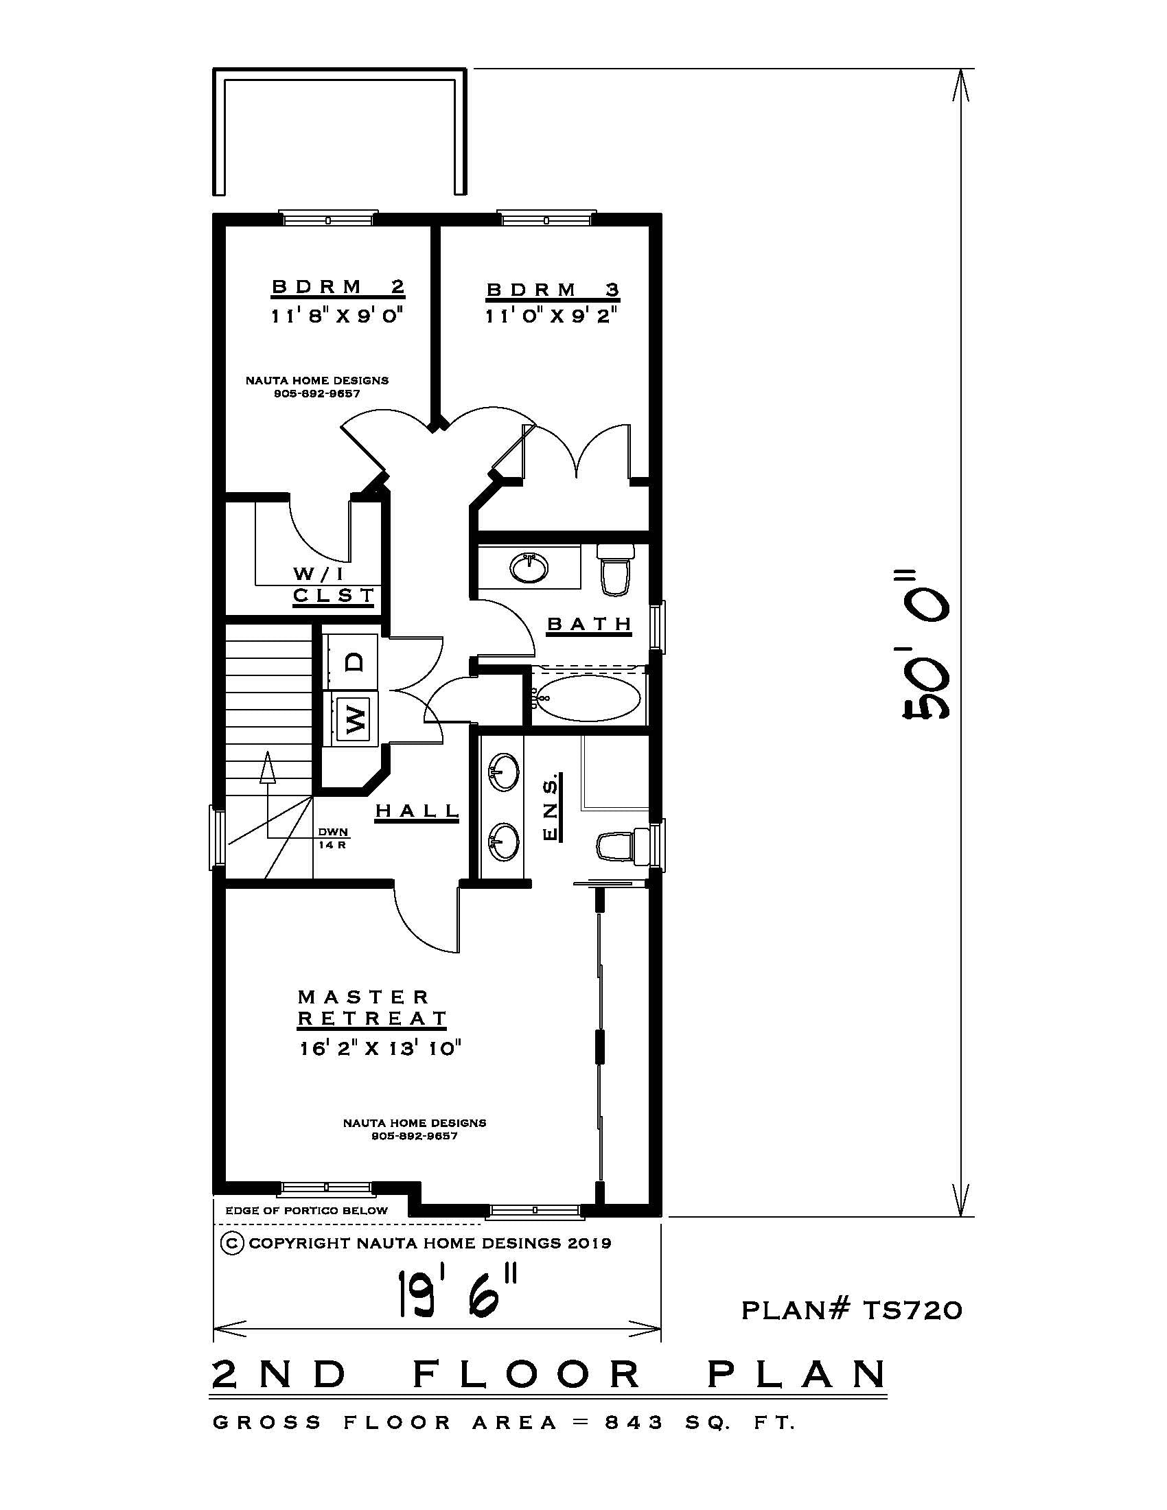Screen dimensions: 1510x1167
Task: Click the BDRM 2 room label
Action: [x=337, y=287]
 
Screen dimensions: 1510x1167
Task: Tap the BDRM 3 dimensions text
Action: [x=551, y=316]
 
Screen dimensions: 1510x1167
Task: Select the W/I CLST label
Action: [x=332, y=585]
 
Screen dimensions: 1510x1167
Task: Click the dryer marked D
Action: [x=354, y=662]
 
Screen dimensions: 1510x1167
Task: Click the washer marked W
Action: [x=354, y=719]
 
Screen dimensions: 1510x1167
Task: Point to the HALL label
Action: [x=417, y=811]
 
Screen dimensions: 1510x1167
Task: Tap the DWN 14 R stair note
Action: [x=332, y=838]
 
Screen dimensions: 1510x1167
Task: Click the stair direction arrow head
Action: [x=267, y=767]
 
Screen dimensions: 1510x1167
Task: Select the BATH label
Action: [x=590, y=625]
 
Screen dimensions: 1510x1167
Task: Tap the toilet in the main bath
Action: [x=615, y=570]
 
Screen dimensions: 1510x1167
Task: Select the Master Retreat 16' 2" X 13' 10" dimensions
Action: [x=380, y=1049]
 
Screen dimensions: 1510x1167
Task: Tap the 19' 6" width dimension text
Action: [x=457, y=1293]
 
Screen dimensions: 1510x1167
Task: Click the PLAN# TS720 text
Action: [x=851, y=1310]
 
